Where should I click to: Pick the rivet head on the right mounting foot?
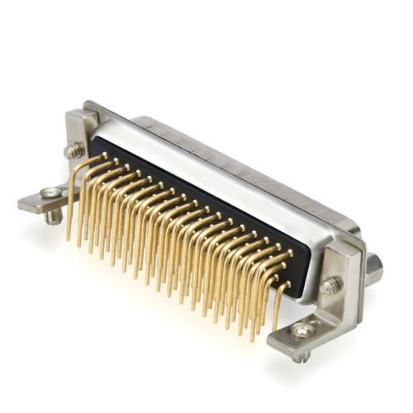pos(303,330)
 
